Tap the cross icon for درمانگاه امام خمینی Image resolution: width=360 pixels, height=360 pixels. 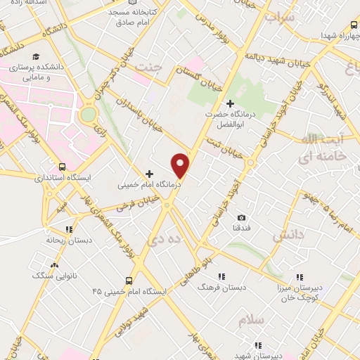click(149, 173)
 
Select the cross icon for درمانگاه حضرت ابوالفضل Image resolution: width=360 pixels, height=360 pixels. click(229, 103)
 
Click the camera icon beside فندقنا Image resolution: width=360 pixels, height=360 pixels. click(242, 218)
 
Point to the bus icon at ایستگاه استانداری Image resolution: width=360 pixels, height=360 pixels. click(64, 167)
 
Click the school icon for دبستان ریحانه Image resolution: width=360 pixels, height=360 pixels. click(69, 229)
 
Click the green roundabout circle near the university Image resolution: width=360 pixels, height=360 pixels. click(89, 114)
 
